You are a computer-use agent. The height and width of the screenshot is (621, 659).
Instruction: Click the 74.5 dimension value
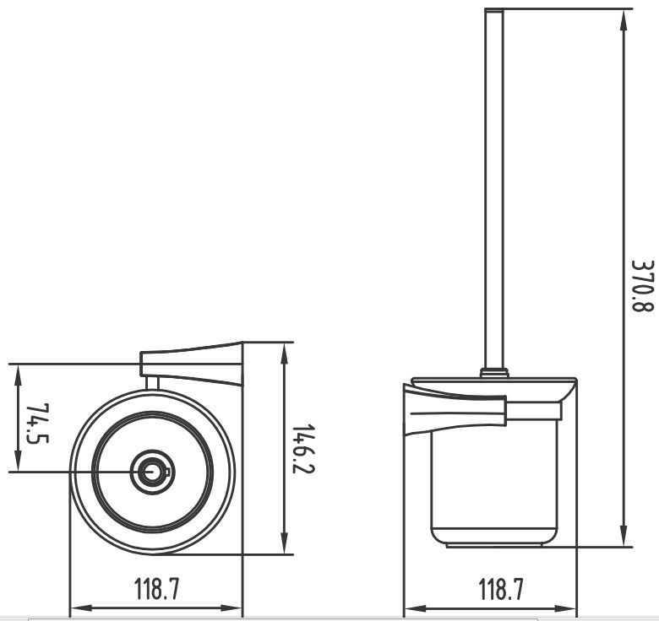37,424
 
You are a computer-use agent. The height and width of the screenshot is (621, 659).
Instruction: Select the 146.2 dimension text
303,449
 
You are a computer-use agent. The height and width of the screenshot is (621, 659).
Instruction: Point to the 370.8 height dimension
643,286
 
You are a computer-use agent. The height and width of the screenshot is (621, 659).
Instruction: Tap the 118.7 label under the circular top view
156,589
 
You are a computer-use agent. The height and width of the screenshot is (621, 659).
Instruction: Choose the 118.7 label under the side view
501,589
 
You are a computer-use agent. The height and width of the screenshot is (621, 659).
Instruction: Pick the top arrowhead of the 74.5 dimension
18,375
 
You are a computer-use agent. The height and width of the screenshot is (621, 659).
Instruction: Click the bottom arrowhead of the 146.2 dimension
285,543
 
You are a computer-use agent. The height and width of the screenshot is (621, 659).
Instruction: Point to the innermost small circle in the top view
150,472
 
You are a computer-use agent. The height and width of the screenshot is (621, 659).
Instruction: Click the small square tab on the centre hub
166,472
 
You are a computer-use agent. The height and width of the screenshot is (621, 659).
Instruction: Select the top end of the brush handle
494,9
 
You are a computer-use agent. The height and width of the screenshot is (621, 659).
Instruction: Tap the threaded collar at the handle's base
494,373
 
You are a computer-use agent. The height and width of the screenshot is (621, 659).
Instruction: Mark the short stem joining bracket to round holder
152,383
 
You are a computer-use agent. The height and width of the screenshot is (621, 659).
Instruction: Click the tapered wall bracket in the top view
191,364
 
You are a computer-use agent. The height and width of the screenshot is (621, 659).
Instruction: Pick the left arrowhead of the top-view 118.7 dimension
80,608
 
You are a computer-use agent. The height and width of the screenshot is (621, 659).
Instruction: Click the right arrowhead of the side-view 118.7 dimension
566,608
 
